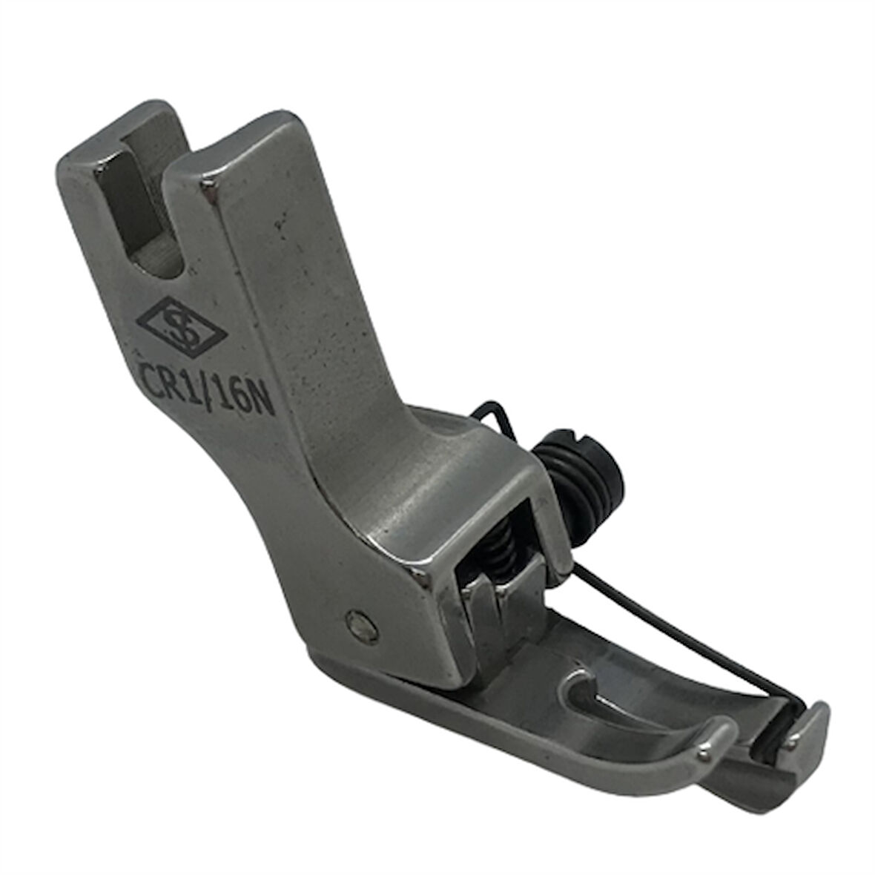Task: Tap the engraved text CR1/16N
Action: click(204, 386)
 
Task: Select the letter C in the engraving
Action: click(148, 370)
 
